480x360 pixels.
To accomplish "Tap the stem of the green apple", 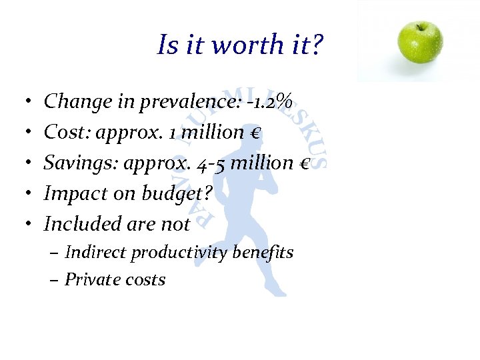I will tap(421, 24).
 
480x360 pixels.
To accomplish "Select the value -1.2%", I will tap(272, 102).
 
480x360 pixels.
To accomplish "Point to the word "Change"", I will tap(69, 102).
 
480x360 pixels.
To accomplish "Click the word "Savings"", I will tap(71, 163).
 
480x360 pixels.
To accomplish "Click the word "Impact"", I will tap(68, 194).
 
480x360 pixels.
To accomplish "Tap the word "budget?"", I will tap(177, 194).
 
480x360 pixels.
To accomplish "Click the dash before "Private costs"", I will tap(54, 279).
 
